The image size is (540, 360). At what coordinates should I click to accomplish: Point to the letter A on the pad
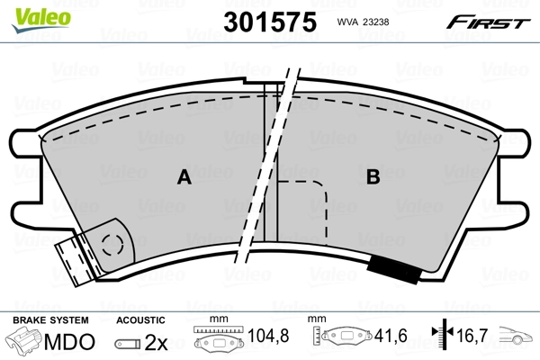coord(184,178)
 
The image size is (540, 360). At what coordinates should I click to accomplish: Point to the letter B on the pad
coord(372,178)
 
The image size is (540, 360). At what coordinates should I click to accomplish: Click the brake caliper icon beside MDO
coord(25,341)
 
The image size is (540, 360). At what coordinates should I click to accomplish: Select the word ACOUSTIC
coord(141,320)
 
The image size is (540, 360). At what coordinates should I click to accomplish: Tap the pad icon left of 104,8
coord(216,341)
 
